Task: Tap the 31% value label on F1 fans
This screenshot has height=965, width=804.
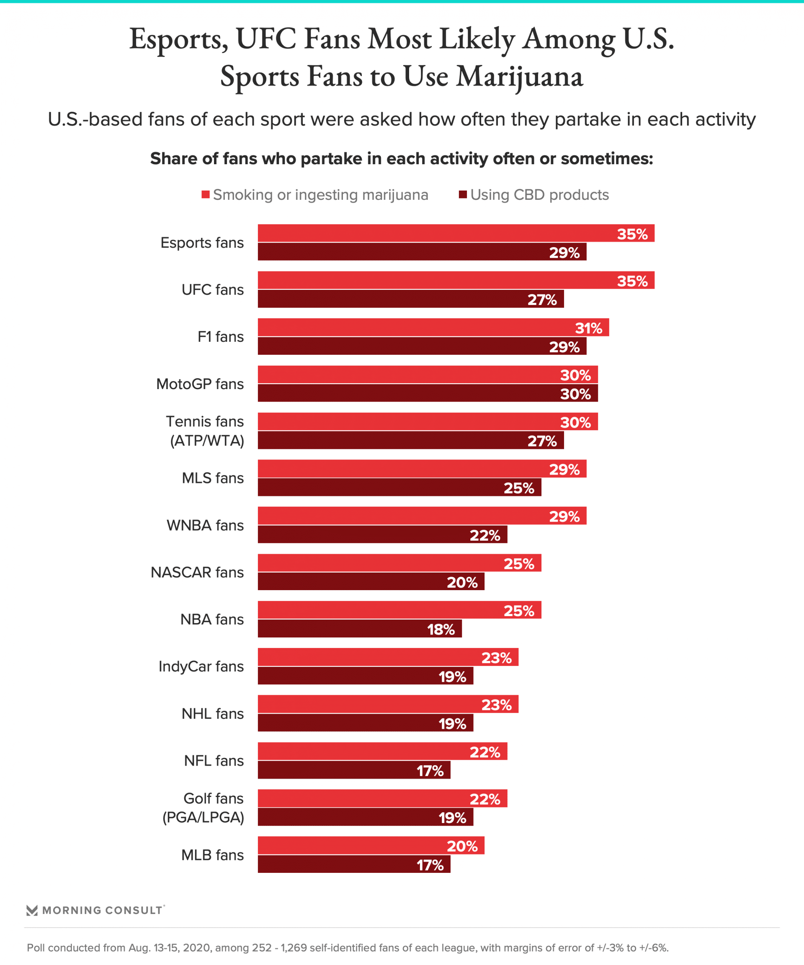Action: tap(588, 328)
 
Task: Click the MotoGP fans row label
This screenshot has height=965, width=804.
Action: tap(200, 384)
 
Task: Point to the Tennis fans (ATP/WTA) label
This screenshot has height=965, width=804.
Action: tap(205, 431)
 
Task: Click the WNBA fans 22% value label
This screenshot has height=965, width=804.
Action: tap(484, 535)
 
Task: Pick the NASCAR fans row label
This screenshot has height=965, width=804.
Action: tap(197, 572)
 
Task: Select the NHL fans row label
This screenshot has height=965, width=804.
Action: tap(213, 714)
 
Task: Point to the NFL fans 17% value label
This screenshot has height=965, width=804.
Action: tap(430, 771)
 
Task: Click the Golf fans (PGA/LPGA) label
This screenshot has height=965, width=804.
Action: tap(204, 808)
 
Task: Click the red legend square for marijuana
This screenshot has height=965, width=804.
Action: tap(205, 194)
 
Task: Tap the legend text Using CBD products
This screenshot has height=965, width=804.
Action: tap(539, 195)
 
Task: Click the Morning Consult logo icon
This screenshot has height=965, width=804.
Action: tap(32, 910)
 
